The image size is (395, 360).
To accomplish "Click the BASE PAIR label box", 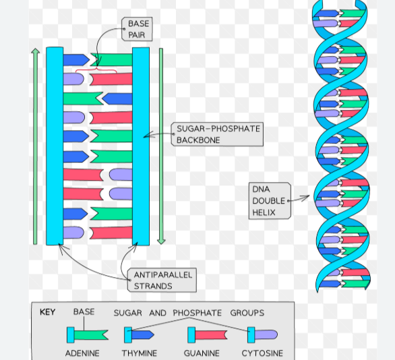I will pyautogui.click(x=138, y=29).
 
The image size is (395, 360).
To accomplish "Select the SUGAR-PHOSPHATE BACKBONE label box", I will pyautogui.click(x=218, y=134).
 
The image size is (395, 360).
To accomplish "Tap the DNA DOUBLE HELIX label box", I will pyautogui.click(x=270, y=200).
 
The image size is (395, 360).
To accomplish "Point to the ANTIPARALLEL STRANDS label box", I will pyautogui.click(x=162, y=280).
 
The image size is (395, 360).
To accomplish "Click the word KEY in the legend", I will pyautogui.click(x=47, y=313).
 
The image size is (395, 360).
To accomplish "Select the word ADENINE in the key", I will pyautogui.click(x=82, y=353).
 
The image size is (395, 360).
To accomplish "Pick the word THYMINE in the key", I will pyautogui.click(x=140, y=353).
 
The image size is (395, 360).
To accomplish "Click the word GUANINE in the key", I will pyautogui.click(x=202, y=353).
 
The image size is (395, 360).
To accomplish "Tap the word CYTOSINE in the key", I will pyautogui.click(x=262, y=353).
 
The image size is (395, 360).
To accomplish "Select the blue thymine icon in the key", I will pyautogui.click(x=140, y=334).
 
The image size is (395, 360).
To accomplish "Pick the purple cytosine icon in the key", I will pyautogui.click(x=262, y=334).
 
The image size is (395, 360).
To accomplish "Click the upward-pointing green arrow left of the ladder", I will pyautogui.click(x=35, y=145).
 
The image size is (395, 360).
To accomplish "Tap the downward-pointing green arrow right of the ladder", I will pyautogui.click(x=160, y=145).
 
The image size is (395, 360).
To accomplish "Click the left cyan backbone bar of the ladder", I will pyautogui.click(x=55, y=145).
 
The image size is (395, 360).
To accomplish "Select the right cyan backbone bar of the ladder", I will pyautogui.click(x=141, y=145).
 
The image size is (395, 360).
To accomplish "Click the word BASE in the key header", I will pyautogui.click(x=84, y=312).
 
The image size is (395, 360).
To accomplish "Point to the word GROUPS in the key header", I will pyautogui.click(x=247, y=313).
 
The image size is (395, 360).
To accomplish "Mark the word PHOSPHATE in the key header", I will pyautogui.click(x=197, y=313).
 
